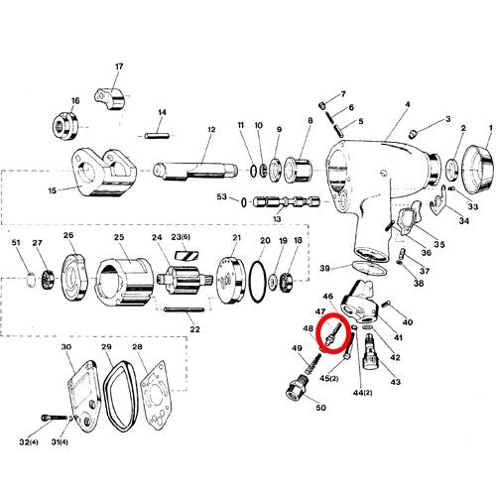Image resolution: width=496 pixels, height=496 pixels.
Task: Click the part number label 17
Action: (119, 66)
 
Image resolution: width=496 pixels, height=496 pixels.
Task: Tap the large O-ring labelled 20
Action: (251, 282)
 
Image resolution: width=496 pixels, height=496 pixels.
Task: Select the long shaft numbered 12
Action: (195, 171)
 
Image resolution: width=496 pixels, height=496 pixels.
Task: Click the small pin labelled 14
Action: (157, 135)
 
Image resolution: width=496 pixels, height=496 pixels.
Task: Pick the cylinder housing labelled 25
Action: (125, 282)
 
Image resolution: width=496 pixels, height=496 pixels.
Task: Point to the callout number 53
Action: (222, 196)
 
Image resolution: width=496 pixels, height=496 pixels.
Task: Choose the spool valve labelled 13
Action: (287, 202)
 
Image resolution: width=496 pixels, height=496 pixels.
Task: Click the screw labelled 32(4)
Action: (55, 418)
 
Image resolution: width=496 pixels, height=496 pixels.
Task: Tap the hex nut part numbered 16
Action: (65, 126)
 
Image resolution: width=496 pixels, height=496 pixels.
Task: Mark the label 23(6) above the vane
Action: (181, 237)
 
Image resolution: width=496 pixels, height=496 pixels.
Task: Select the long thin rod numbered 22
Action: (184, 310)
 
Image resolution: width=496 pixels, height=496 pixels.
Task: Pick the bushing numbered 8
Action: (298, 170)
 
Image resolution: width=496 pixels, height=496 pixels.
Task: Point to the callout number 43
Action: (396, 382)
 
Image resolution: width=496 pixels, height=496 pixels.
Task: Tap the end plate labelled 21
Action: (231, 281)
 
